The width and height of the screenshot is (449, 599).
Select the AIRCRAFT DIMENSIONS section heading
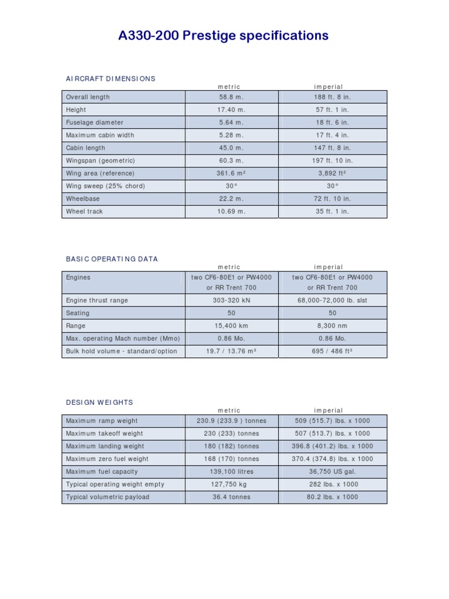point(110,78)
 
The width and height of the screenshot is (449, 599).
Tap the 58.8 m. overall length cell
point(231,97)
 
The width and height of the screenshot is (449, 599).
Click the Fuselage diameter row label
point(94,122)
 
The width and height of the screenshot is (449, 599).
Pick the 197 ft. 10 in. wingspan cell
point(332,160)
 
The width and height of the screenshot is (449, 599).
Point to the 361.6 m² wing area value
point(231,173)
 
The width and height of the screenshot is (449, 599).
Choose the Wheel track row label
point(84,211)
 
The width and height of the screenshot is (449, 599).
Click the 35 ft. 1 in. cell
point(332,211)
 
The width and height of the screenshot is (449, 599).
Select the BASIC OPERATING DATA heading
point(112,259)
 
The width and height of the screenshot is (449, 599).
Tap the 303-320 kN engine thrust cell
point(231,300)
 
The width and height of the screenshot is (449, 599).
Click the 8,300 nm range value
point(332,326)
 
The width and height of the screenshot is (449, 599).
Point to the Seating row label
point(78,313)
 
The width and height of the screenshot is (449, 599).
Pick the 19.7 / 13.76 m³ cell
point(231,351)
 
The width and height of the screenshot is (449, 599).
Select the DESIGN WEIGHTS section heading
point(99,402)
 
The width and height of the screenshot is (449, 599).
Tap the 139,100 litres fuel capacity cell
point(231,471)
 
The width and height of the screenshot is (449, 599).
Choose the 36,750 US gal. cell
point(332,471)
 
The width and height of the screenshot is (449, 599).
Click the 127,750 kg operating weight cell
point(231,484)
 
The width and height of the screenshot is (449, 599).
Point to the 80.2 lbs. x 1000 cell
point(332,497)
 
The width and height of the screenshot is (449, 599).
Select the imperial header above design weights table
point(328,411)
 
